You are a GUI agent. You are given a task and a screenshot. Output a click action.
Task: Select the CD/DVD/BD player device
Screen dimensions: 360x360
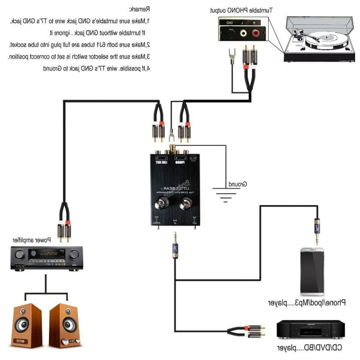tap(310, 329)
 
